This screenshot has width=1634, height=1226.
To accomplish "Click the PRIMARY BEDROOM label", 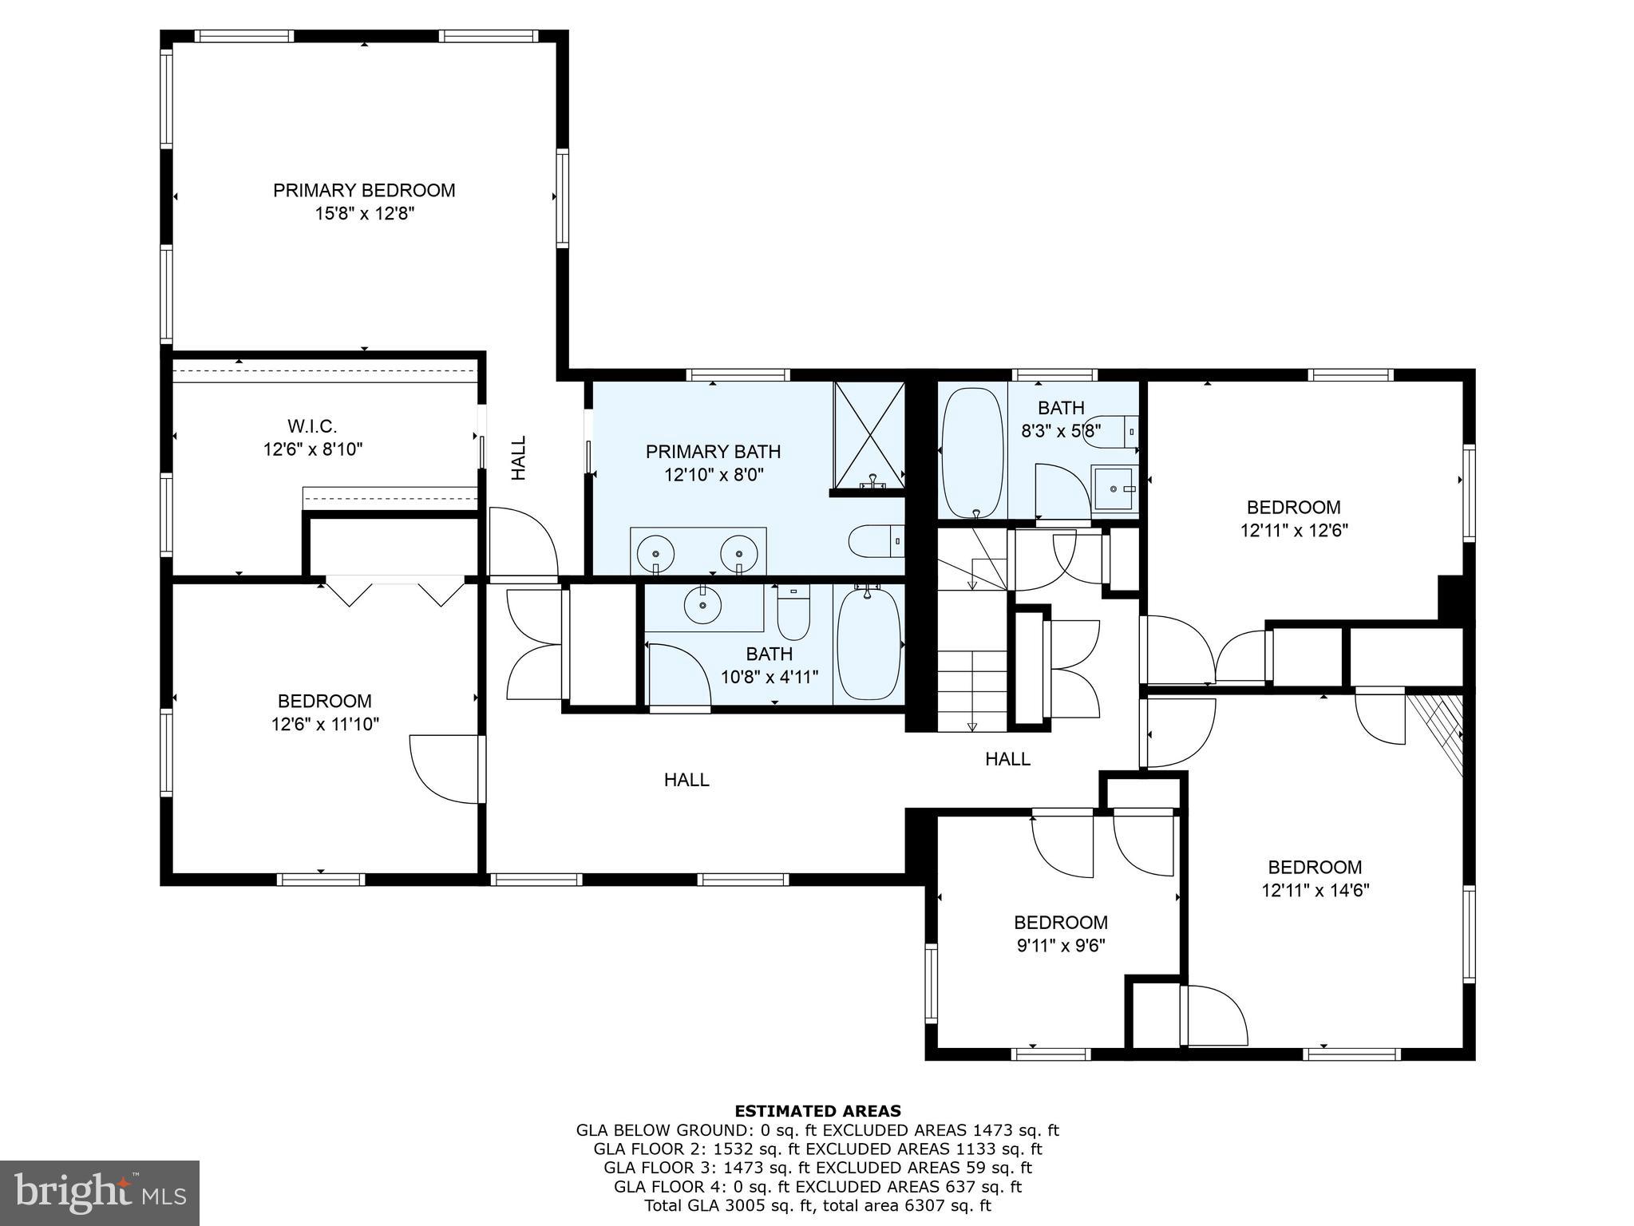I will [x=364, y=191].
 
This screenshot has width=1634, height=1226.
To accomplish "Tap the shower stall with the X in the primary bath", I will [x=868, y=435].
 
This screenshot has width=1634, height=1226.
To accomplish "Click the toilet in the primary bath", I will [x=874, y=541].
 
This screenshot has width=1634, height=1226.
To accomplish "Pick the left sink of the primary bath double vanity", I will [x=655, y=552].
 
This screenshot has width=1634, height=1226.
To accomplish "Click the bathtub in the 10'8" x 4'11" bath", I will [x=868, y=643].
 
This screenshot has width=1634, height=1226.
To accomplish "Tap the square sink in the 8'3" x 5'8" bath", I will [x=1114, y=488].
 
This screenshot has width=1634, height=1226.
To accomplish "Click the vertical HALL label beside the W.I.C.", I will [x=519, y=457].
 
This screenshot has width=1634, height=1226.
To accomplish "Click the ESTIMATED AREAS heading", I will [x=817, y=1111].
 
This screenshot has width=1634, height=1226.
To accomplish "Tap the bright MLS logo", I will [x=100, y=1193].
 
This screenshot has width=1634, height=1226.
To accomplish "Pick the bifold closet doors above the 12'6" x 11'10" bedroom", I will [x=395, y=593].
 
